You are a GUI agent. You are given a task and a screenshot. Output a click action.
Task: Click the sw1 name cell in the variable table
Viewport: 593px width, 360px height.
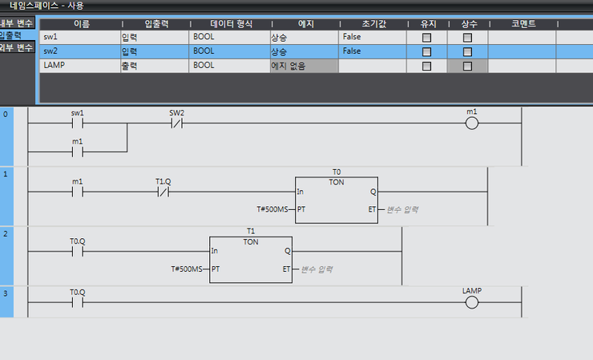pos(80,37)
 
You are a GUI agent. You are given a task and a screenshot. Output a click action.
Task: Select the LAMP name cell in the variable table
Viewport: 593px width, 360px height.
pos(80,66)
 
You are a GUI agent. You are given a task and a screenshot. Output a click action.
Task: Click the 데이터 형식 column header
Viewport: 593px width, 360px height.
pos(231,24)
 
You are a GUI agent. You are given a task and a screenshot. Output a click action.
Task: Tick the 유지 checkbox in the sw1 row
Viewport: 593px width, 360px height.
pos(426,38)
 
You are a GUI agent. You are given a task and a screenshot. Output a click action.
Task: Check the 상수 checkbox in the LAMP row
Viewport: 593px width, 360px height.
pos(467,66)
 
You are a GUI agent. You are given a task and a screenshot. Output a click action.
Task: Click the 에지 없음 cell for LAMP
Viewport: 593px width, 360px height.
pos(304,66)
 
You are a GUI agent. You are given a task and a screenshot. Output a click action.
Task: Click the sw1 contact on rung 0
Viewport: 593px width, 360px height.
pos(78,123)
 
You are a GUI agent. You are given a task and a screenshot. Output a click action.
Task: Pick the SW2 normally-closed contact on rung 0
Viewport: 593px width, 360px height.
pos(176,123)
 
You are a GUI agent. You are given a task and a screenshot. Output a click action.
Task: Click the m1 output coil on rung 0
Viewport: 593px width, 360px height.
pos(472,123)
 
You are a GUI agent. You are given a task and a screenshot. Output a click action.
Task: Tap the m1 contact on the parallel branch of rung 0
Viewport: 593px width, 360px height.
pos(78,152)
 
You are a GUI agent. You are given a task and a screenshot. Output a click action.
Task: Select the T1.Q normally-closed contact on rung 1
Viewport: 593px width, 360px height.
pos(163,192)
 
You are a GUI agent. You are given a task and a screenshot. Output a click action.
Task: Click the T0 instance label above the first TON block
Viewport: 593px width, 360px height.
pos(337,172)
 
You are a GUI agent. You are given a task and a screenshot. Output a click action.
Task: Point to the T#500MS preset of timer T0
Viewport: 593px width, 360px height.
pos(272,209)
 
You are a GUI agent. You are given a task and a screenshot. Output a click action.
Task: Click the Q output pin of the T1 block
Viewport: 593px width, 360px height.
pos(288,251)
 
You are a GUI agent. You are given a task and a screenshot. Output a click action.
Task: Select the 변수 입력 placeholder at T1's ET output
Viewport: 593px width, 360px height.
pos(317,269)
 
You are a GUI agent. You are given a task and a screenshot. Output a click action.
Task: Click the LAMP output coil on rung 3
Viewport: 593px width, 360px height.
pos(472,302)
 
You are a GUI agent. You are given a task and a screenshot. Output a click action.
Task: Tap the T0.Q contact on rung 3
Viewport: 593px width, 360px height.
pos(78,302)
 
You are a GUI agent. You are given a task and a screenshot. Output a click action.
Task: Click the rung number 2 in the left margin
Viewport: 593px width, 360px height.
pos(6,234)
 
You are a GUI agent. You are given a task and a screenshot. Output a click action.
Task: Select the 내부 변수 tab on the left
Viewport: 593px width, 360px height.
pos(17,23)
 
